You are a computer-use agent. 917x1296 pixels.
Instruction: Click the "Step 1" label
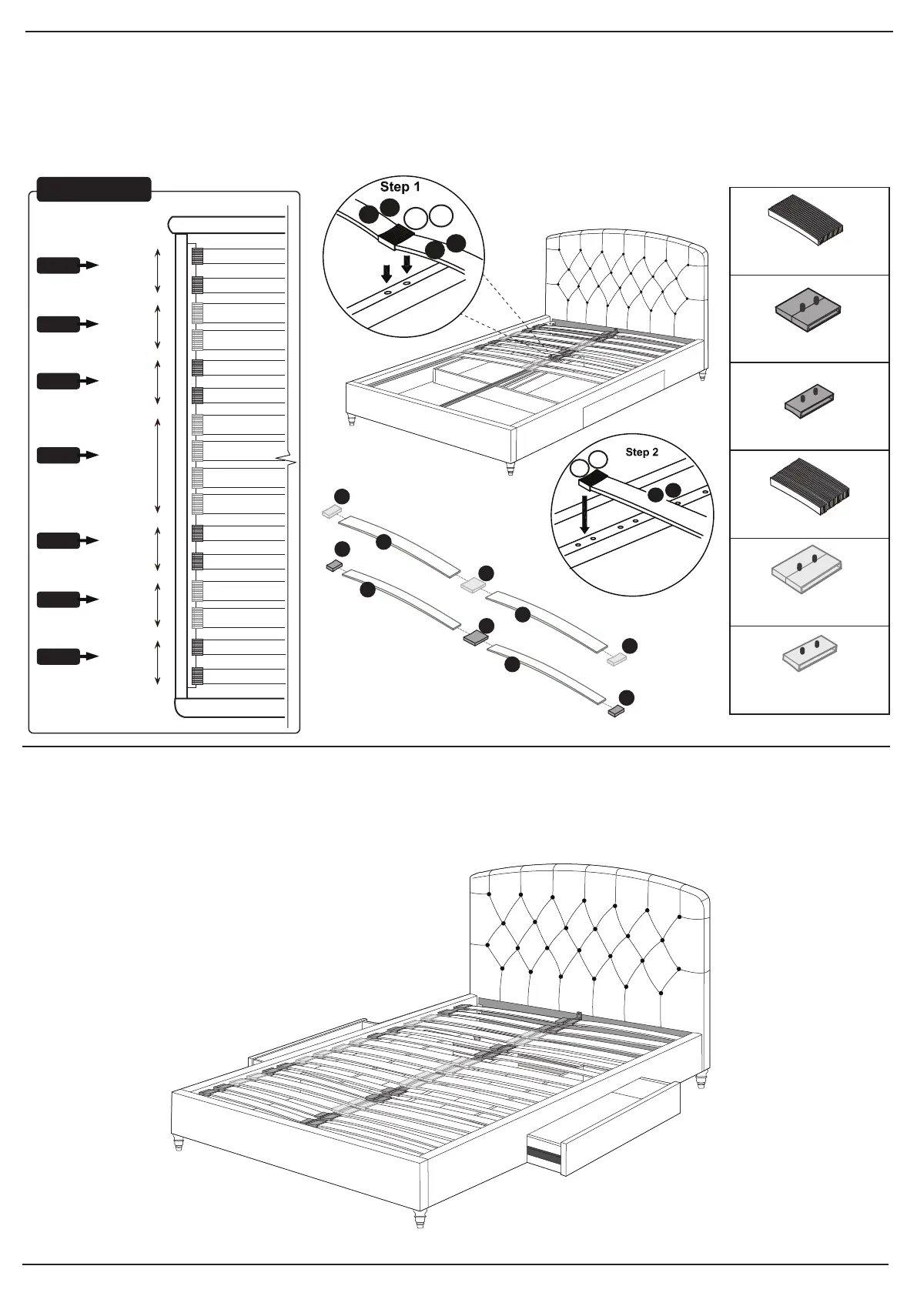tap(400, 187)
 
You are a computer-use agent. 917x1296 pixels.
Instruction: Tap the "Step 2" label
tap(641, 452)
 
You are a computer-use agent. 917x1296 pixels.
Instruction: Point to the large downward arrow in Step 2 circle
tap(585, 515)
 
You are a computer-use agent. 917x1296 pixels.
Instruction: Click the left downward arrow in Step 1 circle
tap(387, 272)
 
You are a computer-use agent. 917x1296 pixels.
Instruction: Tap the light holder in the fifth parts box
tap(807, 571)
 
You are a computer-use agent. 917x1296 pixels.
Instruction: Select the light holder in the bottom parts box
tap(810, 651)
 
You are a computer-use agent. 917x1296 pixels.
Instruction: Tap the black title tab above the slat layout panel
tap(94, 189)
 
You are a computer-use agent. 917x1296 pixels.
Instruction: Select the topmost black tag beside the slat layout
tap(59, 266)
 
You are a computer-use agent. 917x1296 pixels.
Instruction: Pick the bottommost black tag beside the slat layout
tap(59, 656)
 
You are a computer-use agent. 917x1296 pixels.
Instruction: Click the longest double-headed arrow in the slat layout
tap(158, 466)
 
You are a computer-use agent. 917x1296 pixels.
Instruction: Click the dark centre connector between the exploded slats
tap(477, 637)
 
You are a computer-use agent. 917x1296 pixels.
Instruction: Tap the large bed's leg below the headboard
tap(701, 1081)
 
